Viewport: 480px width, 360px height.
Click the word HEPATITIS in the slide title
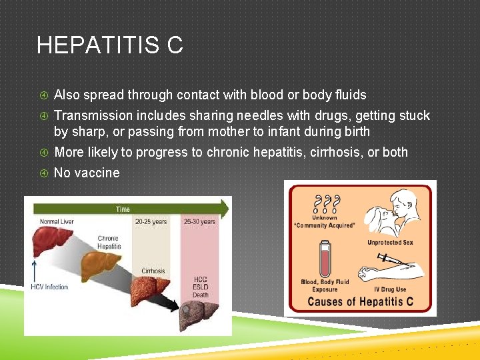[x=98, y=45]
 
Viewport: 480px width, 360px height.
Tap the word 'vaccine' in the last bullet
[x=97, y=173]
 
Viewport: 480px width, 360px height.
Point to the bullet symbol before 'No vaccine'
[x=44, y=173]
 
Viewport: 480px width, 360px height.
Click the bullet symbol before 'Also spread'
[x=44, y=95]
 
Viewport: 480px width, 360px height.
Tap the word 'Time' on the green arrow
[x=123, y=209]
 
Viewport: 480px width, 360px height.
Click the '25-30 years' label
[x=200, y=221]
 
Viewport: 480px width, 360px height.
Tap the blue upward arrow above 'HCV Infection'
[x=34, y=271]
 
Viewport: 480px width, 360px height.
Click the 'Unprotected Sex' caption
[x=390, y=242]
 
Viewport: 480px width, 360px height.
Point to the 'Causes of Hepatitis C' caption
[x=360, y=301]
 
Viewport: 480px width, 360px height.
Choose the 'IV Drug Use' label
[x=390, y=289]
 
